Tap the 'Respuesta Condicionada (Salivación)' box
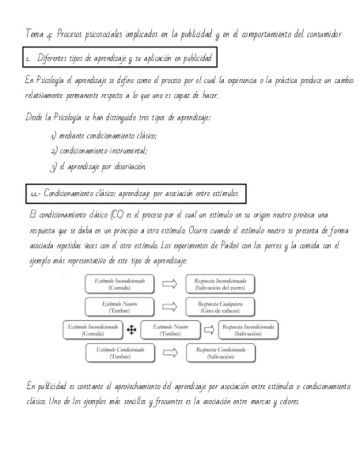tap(220, 353)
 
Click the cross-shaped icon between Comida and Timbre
tap(132, 330)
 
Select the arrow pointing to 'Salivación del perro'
tap(170, 283)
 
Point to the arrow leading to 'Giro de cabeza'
tap(170, 307)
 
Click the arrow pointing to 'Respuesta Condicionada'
tap(170, 353)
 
